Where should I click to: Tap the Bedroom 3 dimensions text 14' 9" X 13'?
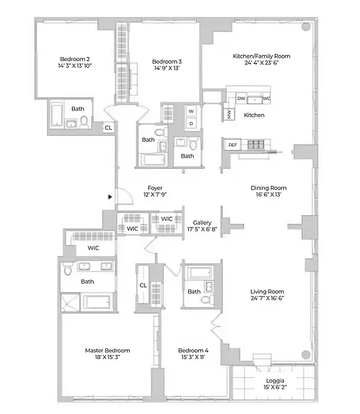[166, 68]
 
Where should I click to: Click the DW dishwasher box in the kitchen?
[241, 98]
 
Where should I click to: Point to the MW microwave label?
[230, 114]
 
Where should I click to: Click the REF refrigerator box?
[232, 145]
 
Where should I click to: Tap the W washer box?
[191, 111]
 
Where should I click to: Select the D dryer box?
[191, 123]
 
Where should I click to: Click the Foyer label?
[155, 188]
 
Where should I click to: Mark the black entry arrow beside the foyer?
[109, 197]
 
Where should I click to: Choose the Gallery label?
[202, 222]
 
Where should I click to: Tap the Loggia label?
[275, 381]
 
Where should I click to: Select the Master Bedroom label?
[107, 350]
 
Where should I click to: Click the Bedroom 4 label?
[193, 350]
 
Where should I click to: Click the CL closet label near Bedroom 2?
[108, 127]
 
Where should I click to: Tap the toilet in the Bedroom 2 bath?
[84, 121]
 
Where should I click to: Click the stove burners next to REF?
[257, 145]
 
